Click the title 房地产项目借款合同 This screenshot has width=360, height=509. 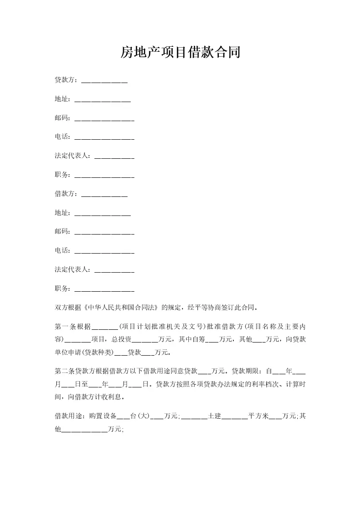180,53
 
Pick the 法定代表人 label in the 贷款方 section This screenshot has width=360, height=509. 72,156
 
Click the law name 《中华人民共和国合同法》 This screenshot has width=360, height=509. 118,308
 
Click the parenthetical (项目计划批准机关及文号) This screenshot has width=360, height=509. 162,327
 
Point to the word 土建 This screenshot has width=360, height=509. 214,416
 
